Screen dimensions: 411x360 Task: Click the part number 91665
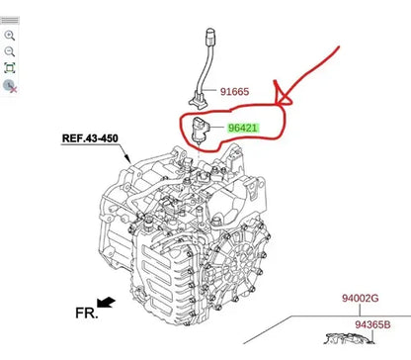pyautogui.click(x=234, y=91)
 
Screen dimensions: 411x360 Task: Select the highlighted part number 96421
pyautogui.click(x=243, y=128)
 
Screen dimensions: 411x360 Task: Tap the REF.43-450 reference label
pyautogui.click(x=90, y=138)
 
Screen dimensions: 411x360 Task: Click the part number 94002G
pyautogui.click(x=360, y=298)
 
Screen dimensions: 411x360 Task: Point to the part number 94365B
pyautogui.click(x=372, y=324)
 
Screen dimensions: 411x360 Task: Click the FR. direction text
pyautogui.click(x=87, y=313)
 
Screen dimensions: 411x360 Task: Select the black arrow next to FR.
pyautogui.click(x=106, y=302)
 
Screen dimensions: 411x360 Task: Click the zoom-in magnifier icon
pyautogui.click(x=10, y=36)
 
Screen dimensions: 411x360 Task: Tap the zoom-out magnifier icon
pyautogui.click(x=10, y=51)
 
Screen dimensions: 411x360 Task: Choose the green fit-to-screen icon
pyautogui.click(x=10, y=68)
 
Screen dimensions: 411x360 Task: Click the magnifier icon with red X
pyautogui.click(x=10, y=86)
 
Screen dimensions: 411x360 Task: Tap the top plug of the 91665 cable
pyautogui.click(x=209, y=37)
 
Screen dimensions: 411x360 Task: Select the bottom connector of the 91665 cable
pyautogui.click(x=198, y=100)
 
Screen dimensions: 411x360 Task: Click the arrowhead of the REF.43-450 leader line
pyautogui.click(x=128, y=159)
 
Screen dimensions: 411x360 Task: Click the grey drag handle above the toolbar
pyautogui.click(x=10, y=21)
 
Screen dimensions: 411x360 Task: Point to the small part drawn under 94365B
pyautogui.click(x=350, y=339)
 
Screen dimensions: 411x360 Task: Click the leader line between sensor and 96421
pyautogui.click(x=216, y=128)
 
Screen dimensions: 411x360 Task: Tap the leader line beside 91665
pyautogui.click(x=209, y=89)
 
